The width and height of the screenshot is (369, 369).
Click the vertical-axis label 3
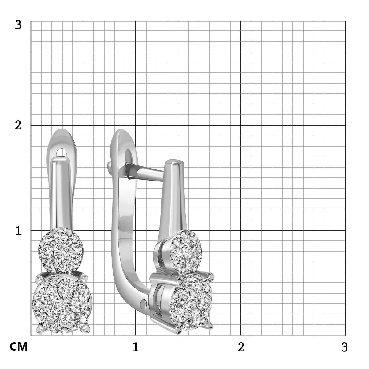click(18, 25)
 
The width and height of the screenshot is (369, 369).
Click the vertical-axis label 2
click(18, 125)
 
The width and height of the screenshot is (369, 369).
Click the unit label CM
click(18, 352)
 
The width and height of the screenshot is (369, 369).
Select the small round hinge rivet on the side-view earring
click(143, 304)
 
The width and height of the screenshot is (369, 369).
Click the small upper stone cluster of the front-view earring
click(61, 251)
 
